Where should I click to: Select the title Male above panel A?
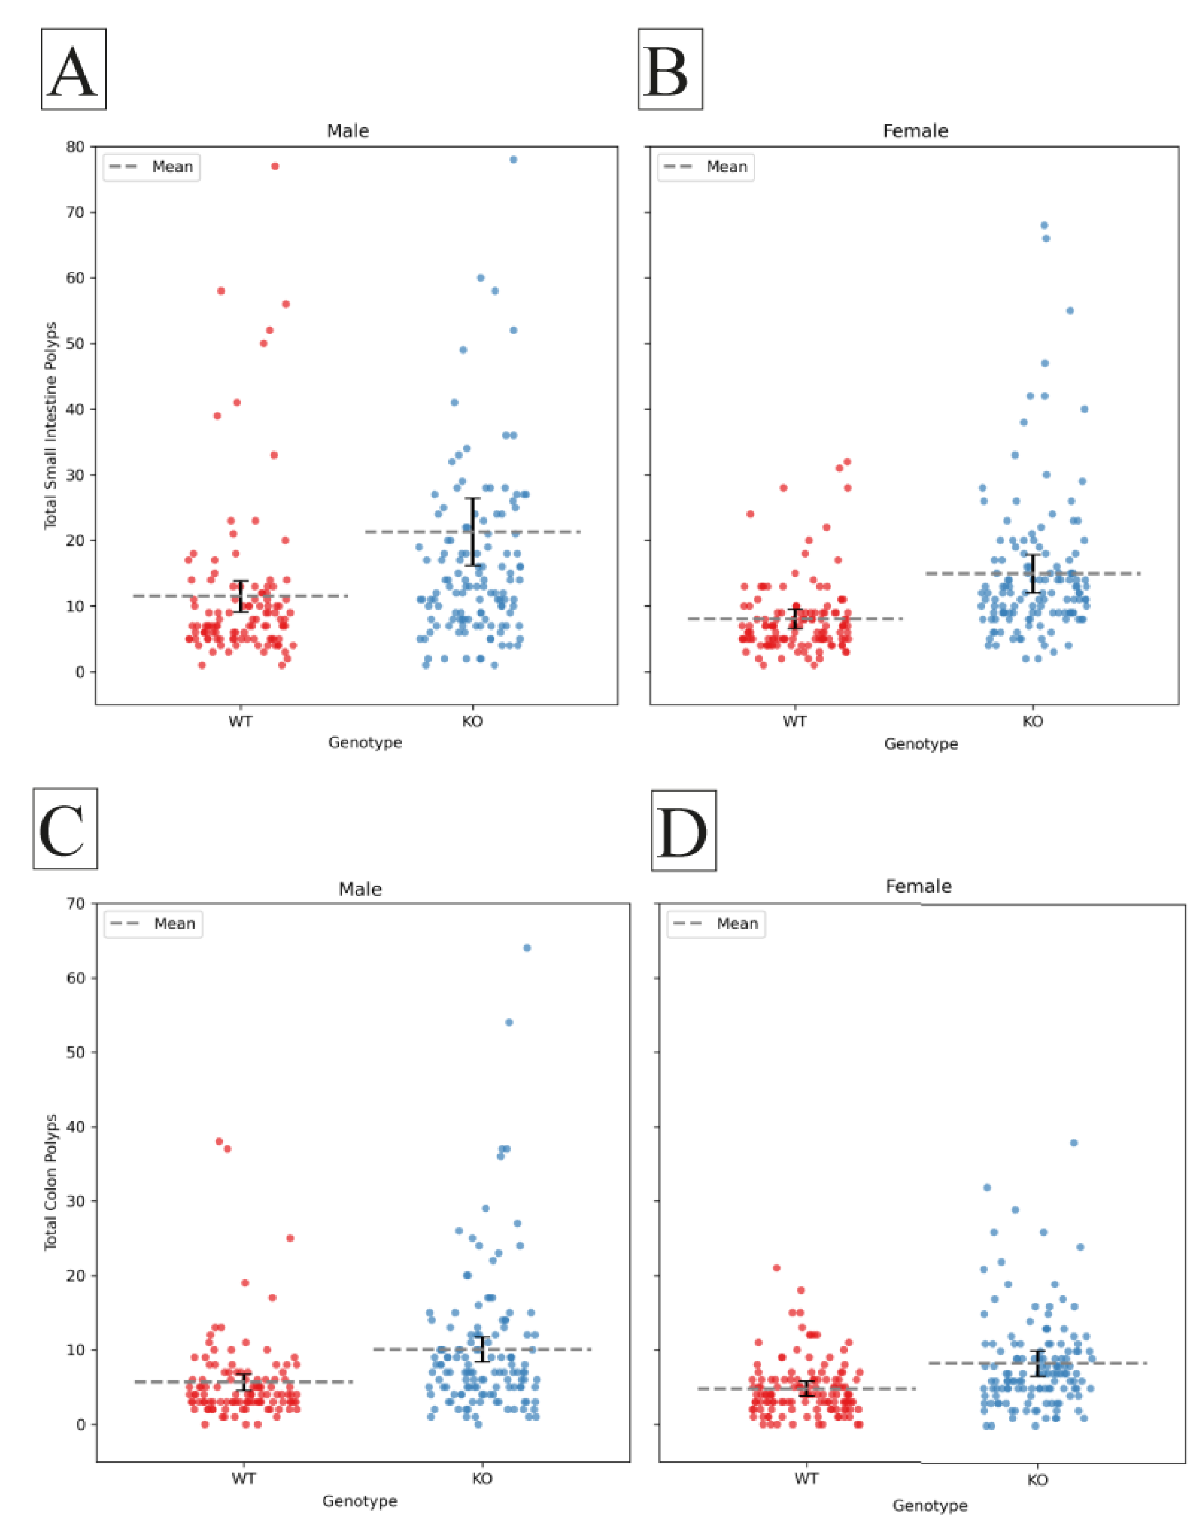coord(348,131)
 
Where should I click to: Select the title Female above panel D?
coord(918,887)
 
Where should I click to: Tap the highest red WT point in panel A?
coord(275,167)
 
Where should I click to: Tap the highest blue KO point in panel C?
coord(527,948)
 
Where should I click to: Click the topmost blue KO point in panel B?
coord(1044,225)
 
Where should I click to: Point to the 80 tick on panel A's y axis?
coord(76,147)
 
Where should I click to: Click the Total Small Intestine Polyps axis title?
coord(51,425)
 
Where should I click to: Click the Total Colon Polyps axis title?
coord(51,1182)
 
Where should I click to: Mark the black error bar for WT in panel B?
coord(795,617)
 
